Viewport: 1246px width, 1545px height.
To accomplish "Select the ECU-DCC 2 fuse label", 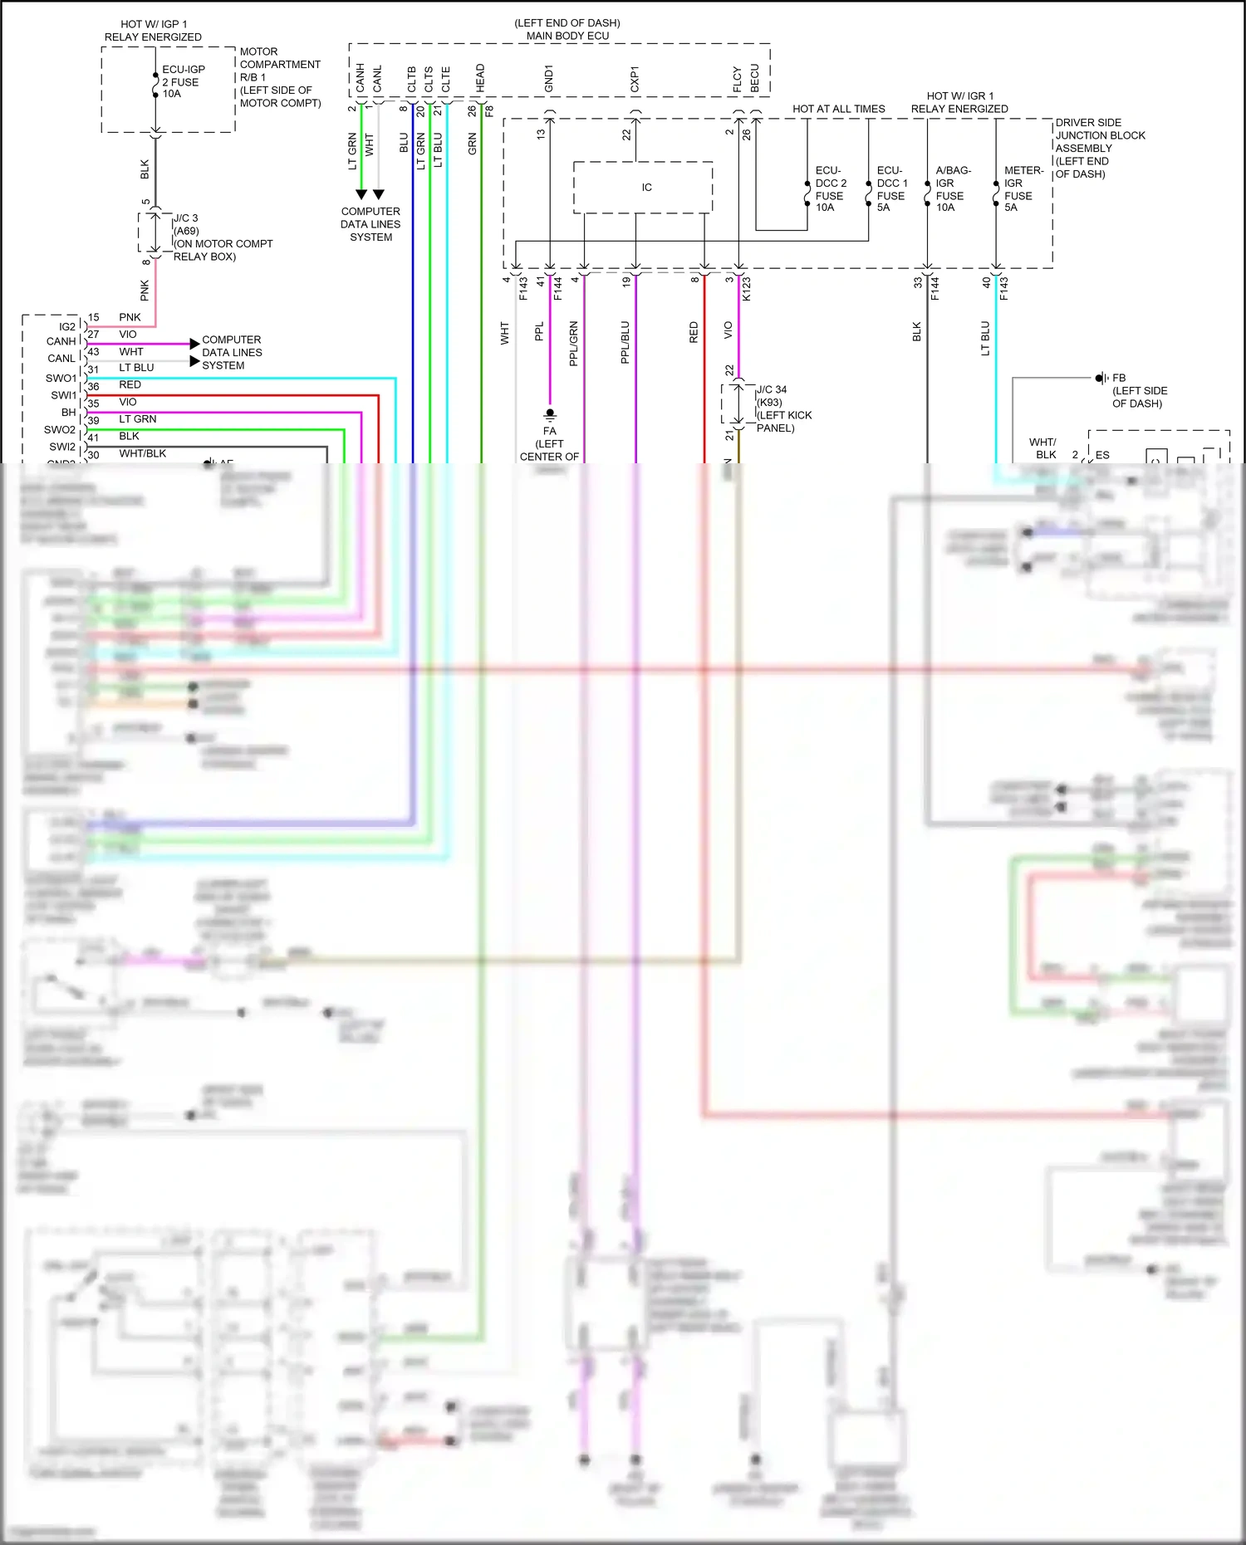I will (830, 189).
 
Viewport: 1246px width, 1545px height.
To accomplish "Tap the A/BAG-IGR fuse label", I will (952, 189).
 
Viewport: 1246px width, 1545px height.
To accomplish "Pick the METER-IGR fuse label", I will (1022, 189).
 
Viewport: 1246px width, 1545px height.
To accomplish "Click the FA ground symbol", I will (550, 413).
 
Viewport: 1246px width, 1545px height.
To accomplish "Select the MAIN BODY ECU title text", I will (567, 36).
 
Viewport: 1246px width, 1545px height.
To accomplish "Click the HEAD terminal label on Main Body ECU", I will (480, 78).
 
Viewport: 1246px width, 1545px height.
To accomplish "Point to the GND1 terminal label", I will (548, 78).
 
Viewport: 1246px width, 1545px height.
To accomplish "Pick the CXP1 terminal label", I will (635, 79).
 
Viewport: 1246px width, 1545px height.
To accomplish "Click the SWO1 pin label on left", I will (61, 378).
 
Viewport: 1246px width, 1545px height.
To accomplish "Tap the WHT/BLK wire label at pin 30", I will (142, 453).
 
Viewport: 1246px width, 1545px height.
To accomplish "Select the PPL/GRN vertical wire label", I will (573, 344).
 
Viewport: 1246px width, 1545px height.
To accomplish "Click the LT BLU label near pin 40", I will (985, 338).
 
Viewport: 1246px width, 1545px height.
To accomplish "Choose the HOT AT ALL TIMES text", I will (838, 109).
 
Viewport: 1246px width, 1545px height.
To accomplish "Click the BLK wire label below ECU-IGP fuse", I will (145, 169).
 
